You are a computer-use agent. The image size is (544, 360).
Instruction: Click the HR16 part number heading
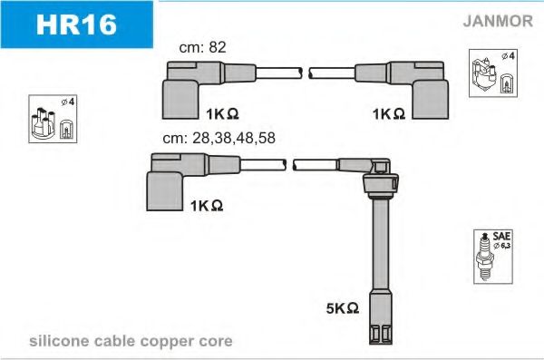76,24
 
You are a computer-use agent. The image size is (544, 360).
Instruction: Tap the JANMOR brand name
498,21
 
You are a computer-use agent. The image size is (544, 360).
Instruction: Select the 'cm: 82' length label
202,47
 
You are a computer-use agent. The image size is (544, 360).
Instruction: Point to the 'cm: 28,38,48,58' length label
219,138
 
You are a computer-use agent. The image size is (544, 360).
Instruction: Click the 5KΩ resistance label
343,308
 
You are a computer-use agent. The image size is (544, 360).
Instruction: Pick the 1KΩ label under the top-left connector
222,114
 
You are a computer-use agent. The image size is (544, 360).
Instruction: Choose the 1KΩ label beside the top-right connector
389,114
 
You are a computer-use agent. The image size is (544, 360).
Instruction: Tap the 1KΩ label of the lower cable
207,206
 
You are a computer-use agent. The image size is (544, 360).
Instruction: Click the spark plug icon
485,257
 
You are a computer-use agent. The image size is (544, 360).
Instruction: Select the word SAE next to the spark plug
501,236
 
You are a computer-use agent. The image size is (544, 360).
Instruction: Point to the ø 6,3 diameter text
501,246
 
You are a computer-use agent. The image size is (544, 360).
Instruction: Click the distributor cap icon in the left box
44,123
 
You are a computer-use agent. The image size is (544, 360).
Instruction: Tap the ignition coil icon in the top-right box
484,75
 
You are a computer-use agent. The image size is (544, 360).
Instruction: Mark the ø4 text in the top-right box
509,55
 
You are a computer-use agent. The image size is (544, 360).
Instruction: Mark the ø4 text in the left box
68,102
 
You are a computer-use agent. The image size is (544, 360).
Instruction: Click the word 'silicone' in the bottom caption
59,341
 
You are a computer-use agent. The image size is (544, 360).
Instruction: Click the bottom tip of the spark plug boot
381,344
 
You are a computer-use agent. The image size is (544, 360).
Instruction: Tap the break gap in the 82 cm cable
306,73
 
